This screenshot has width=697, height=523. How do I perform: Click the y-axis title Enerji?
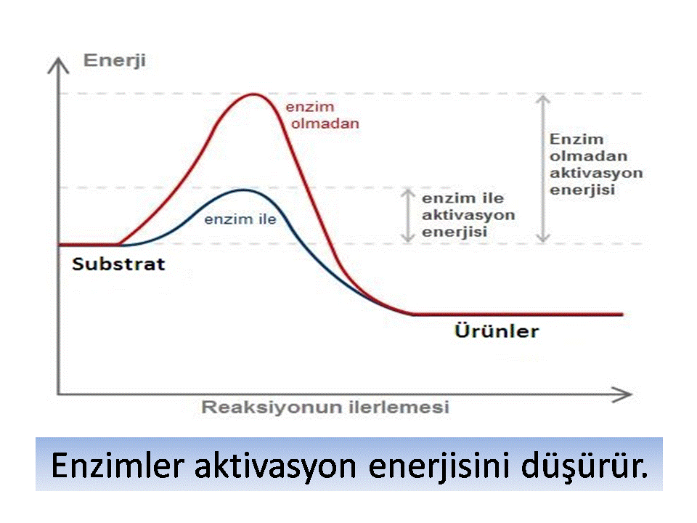point(115,61)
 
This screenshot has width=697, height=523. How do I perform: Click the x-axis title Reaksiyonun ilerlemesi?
point(325,407)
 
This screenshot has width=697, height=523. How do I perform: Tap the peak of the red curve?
point(254,94)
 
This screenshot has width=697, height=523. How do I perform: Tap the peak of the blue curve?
point(243,190)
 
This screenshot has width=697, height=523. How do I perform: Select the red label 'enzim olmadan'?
point(322,115)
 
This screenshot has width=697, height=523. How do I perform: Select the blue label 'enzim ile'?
point(240,219)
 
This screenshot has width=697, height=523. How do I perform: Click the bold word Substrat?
point(118,264)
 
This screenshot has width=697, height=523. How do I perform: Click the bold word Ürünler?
point(497,331)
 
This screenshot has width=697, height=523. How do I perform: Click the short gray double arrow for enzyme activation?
point(408,215)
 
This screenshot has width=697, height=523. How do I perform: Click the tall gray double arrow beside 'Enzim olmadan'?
point(543,169)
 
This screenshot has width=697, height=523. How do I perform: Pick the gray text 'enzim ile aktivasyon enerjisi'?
point(468,215)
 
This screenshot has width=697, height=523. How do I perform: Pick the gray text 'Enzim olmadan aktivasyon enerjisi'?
point(596,165)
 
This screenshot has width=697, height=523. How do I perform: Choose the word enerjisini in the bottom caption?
point(439,466)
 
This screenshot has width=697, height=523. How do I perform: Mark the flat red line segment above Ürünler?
point(518,314)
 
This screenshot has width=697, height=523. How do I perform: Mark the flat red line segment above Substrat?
point(89,245)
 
